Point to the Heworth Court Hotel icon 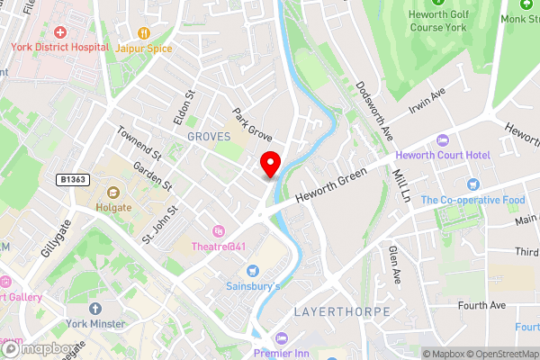(x=441, y=140)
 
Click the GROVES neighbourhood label (x=209, y=136)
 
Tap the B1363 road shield (x=74, y=180)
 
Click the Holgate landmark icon (x=114, y=192)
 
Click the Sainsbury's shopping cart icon (x=253, y=271)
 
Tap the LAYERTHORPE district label (x=342, y=311)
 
